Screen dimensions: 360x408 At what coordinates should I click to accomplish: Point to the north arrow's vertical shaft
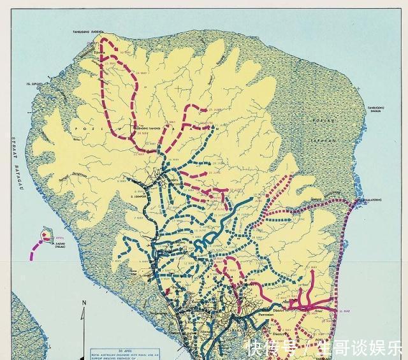(x=83, y=319)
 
